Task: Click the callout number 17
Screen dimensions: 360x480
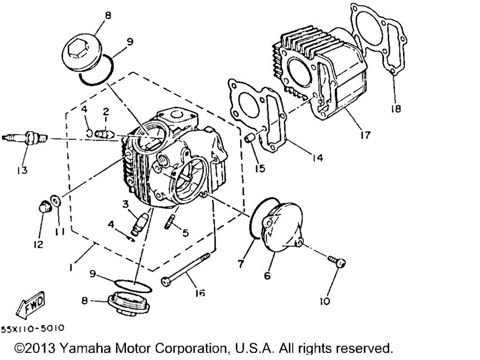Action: click(x=365, y=135)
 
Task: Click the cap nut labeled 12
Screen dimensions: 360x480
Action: click(x=44, y=207)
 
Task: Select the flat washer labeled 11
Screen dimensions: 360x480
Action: click(x=56, y=202)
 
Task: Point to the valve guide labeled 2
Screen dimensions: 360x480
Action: click(x=104, y=133)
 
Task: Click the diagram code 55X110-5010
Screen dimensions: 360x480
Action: click(x=32, y=329)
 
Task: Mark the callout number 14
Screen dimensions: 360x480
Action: click(x=316, y=158)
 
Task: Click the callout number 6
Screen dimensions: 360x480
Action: click(x=267, y=276)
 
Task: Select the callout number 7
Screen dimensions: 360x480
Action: click(x=240, y=264)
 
